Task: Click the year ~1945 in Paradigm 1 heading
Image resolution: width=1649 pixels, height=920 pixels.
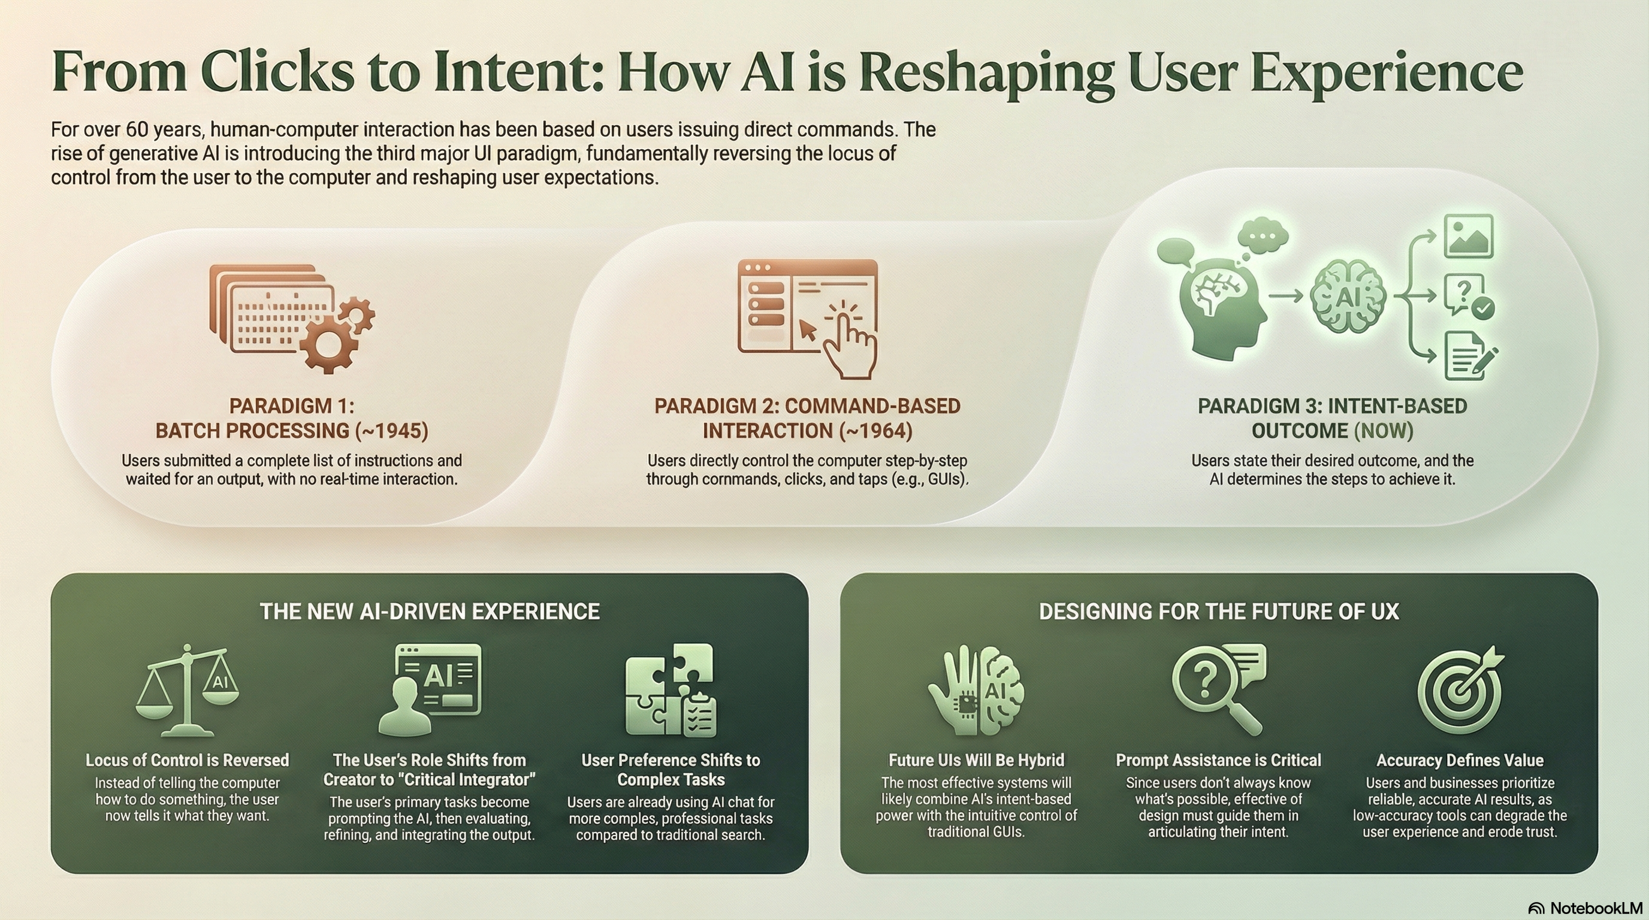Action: click(392, 431)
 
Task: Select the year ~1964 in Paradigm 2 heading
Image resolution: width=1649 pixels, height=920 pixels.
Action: click(875, 431)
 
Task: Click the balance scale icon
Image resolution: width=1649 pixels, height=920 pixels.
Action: click(187, 691)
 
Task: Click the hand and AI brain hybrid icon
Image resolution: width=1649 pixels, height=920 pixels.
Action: click(975, 691)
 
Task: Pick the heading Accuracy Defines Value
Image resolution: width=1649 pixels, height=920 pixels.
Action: click(1460, 760)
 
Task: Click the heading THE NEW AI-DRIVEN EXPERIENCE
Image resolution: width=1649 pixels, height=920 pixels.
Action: click(430, 612)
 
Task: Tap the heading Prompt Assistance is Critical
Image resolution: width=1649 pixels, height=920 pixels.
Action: click(1218, 760)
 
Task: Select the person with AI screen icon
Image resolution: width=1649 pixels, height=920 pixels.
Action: click(430, 688)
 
